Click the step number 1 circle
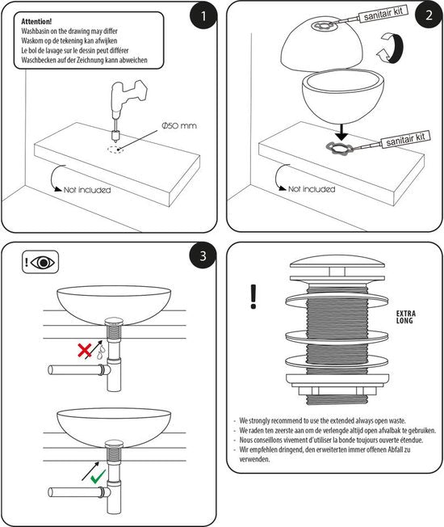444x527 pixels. pos(203,15)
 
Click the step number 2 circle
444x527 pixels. pos(429,15)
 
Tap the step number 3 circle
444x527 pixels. pos(203,255)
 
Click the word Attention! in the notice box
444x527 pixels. pos(36,22)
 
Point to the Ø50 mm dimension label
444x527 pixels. pos(179,126)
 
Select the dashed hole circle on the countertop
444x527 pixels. pos(115,150)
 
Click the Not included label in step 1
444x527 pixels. pos(87,190)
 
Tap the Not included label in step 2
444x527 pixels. pos(312,189)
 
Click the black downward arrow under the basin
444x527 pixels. pos(341,133)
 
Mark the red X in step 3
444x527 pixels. pos(85,350)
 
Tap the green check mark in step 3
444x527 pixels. pos(98,476)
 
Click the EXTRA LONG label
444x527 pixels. pos(406,317)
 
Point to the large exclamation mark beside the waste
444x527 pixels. pos(253,297)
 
